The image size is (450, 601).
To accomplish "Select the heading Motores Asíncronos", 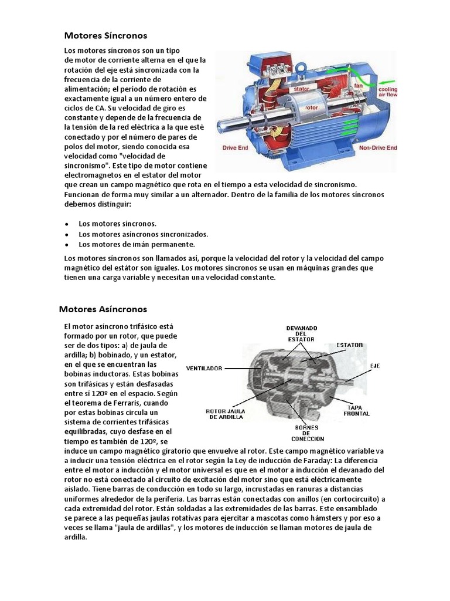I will (103, 309).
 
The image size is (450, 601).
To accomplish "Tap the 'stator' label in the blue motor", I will (302, 89).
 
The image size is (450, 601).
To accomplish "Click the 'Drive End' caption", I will (234, 148).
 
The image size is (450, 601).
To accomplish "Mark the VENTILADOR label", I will (204, 369).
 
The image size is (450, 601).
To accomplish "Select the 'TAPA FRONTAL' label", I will (357, 410).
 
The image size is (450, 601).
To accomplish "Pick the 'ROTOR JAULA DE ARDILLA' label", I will (229, 414).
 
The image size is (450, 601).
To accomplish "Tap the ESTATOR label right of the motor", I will (349, 345).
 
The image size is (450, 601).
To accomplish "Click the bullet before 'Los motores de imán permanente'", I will (67, 244).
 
